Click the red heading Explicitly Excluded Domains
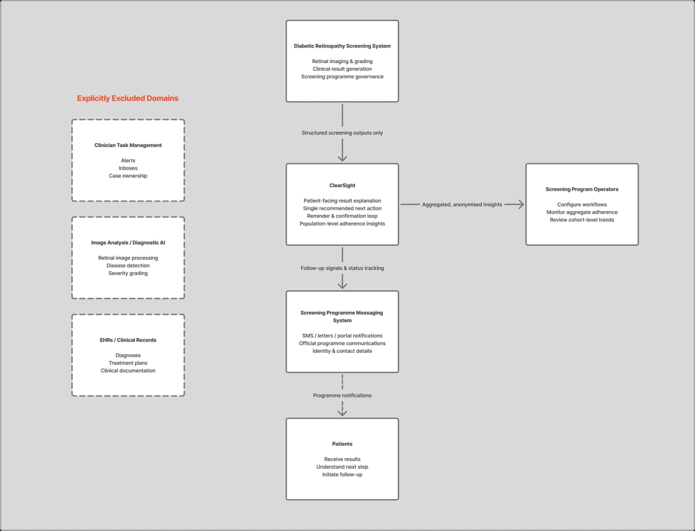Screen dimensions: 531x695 point(127,98)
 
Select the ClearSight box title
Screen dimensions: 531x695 point(342,186)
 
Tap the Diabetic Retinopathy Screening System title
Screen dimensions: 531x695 point(342,46)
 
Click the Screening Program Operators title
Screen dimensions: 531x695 point(581,189)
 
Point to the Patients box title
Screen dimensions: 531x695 point(342,444)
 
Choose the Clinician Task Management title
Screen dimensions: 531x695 point(128,145)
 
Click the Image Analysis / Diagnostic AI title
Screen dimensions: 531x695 point(128,243)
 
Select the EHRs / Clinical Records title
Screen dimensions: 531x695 point(128,340)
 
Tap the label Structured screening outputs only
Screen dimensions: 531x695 point(342,133)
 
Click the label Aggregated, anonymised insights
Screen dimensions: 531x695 point(462,204)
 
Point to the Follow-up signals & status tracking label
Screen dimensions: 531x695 point(342,268)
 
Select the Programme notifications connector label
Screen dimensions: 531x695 point(342,396)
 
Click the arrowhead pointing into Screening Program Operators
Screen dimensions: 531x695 point(521,204)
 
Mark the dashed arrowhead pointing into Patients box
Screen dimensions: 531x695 point(342,412)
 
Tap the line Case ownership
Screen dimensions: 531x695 point(128,176)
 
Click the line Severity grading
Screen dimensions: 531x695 point(128,274)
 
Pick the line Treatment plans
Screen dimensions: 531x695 point(128,363)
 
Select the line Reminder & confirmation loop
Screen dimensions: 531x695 point(342,216)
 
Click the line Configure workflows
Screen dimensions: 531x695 point(581,205)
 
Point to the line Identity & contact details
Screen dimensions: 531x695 point(342,351)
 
